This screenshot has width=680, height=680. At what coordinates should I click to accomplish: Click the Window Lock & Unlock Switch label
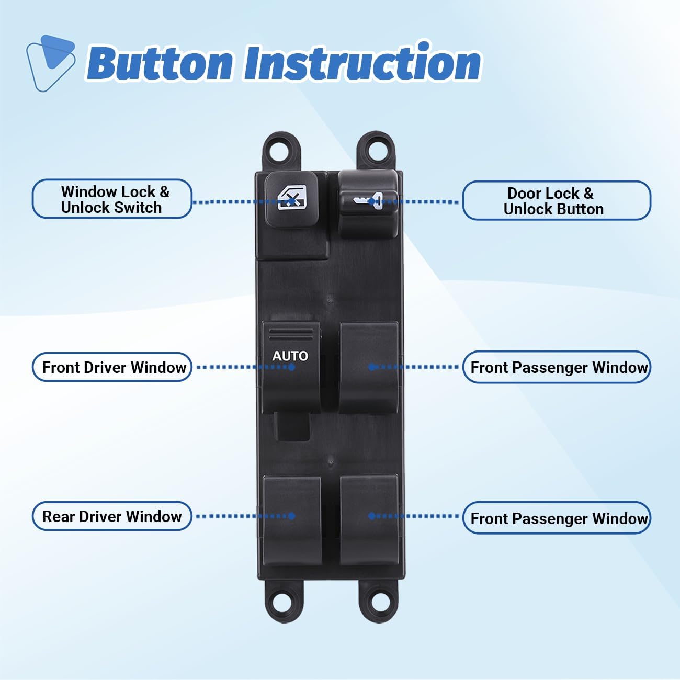(112, 199)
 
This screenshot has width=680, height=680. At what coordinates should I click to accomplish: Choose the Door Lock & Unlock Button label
(556, 201)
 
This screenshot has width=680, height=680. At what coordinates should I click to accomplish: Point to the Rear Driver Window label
(112, 516)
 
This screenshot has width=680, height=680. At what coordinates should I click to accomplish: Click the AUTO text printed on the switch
(290, 356)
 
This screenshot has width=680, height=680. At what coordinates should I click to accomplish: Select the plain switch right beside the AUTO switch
(369, 367)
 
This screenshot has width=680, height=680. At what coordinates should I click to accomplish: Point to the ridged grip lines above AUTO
(291, 332)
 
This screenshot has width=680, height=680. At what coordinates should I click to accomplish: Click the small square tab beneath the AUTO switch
(292, 426)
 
